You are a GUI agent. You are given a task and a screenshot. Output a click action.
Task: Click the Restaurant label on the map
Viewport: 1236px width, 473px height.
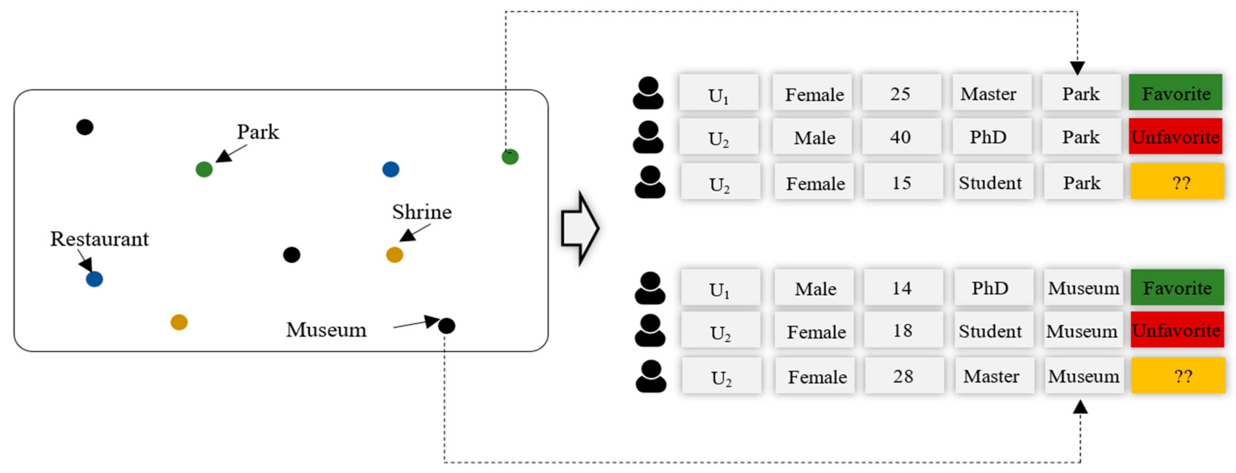[99, 239]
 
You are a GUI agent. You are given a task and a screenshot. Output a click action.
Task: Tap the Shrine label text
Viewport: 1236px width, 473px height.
[422, 212]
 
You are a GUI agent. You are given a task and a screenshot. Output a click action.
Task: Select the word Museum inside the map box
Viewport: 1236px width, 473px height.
[326, 330]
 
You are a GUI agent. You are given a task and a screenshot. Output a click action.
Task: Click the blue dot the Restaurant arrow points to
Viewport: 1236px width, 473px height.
[94, 279]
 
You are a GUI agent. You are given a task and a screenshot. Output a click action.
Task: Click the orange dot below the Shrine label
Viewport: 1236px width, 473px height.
[394, 255]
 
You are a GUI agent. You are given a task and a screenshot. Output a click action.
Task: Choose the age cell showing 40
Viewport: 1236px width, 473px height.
[900, 137]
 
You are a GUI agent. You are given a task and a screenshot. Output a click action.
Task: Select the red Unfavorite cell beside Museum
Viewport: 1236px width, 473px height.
[1177, 330]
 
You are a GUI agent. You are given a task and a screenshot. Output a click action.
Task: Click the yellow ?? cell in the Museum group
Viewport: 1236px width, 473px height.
[1178, 376]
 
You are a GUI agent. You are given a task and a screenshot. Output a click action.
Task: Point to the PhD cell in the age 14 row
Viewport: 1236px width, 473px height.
[990, 288]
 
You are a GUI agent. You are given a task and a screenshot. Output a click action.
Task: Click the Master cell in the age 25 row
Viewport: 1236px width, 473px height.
[988, 94]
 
